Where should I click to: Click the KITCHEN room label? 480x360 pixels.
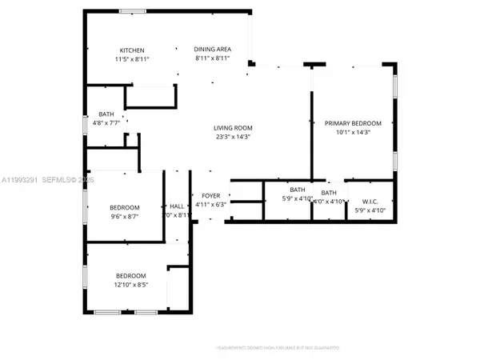(132, 50)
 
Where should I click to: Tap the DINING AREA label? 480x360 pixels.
(212, 50)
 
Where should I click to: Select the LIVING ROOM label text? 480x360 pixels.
(233, 128)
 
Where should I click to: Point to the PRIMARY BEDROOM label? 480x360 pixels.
(353, 123)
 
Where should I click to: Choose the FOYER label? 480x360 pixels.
(211, 195)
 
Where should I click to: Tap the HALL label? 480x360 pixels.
(178, 206)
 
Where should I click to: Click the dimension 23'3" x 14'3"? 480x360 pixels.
(233, 137)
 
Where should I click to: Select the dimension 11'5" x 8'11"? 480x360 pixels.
(132, 59)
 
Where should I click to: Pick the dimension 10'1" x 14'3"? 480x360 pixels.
(353, 132)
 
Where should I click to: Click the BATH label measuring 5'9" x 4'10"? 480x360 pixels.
(298, 190)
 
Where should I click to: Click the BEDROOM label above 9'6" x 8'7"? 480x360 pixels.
(124, 207)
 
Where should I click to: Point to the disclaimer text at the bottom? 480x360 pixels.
(277, 348)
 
